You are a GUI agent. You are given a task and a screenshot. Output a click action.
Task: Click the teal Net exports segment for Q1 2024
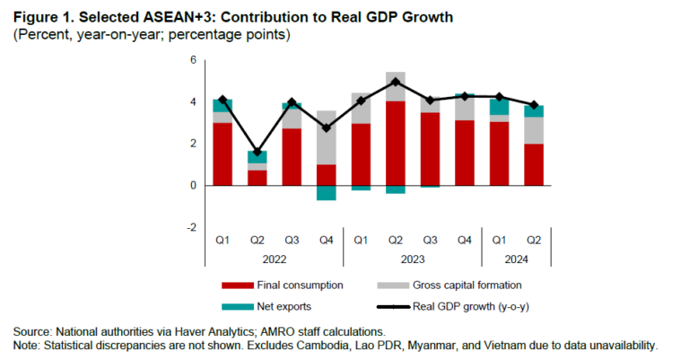click(x=499, y=106)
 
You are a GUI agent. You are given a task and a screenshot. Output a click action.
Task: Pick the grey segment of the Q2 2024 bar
click(x=533, y=130)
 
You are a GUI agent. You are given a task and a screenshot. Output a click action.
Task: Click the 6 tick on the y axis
click(x=191, y=60)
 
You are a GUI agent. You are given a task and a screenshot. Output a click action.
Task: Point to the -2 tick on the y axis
click(x=190, y=228)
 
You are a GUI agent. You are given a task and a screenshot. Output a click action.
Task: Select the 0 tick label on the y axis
click(x=192, y=186)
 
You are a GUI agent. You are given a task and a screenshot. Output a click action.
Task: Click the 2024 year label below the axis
click(x=516, y=259)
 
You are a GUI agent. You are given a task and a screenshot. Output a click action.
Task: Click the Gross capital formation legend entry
click(x=466, y=285)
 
